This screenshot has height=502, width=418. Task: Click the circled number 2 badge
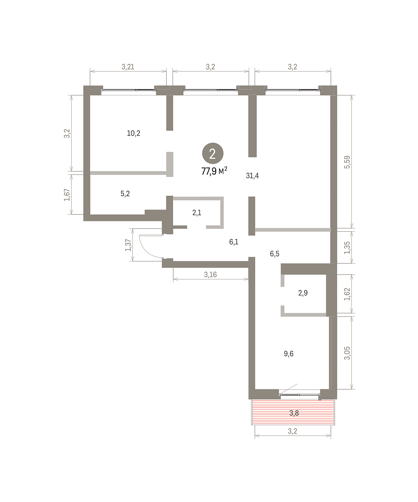(x=213, y=154)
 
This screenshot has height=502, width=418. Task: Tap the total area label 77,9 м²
(x=214, y=171)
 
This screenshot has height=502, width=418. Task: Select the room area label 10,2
(x=134, y=133)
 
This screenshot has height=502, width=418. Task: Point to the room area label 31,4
(x=252, y=176)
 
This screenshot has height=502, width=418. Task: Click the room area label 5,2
(x=125, y=194)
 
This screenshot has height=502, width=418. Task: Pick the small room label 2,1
(x=197, y=213)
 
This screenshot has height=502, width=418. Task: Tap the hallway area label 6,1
(x=234, y=242)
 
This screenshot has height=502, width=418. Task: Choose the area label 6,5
(x=274, y=254)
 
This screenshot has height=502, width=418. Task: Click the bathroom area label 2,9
(x=303, y=293)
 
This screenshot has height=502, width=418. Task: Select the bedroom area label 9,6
(x=289, y=353)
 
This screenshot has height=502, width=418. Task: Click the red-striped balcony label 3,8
(x=294, y=413)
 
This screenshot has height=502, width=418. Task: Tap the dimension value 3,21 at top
(x=128, y=67)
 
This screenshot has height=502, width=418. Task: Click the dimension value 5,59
(x=347, y=162)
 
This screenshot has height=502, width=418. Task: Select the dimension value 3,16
(x=210, y=274)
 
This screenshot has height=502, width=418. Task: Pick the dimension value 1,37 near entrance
(x=128, y=245)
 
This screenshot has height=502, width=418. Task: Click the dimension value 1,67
(x=67, y=195)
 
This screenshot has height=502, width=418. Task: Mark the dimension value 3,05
(x=347, y=353)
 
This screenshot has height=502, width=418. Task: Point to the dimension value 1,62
(x=347, y=294)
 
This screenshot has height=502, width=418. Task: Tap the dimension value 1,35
(x=347, y=247)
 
